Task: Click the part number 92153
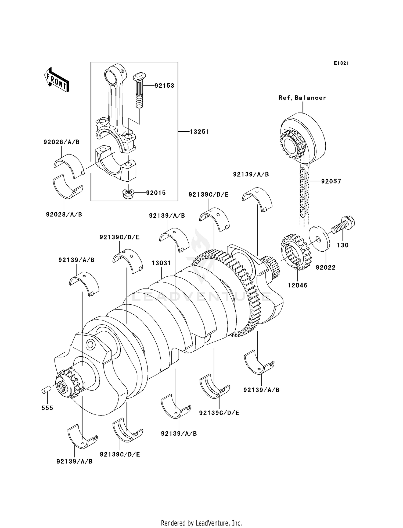(164, 86)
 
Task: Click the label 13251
(199, 132)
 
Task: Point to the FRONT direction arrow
(56, 80)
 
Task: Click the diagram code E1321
(341, 63)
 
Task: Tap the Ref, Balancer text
(302, 98)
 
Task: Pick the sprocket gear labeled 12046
(296, 252)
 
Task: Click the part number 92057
(331, 181)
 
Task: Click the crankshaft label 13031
(161, 263)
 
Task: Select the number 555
(47, 408)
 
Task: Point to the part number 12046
(297, 285)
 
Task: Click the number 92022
(326, 267)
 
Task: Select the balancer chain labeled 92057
(304, 191)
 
